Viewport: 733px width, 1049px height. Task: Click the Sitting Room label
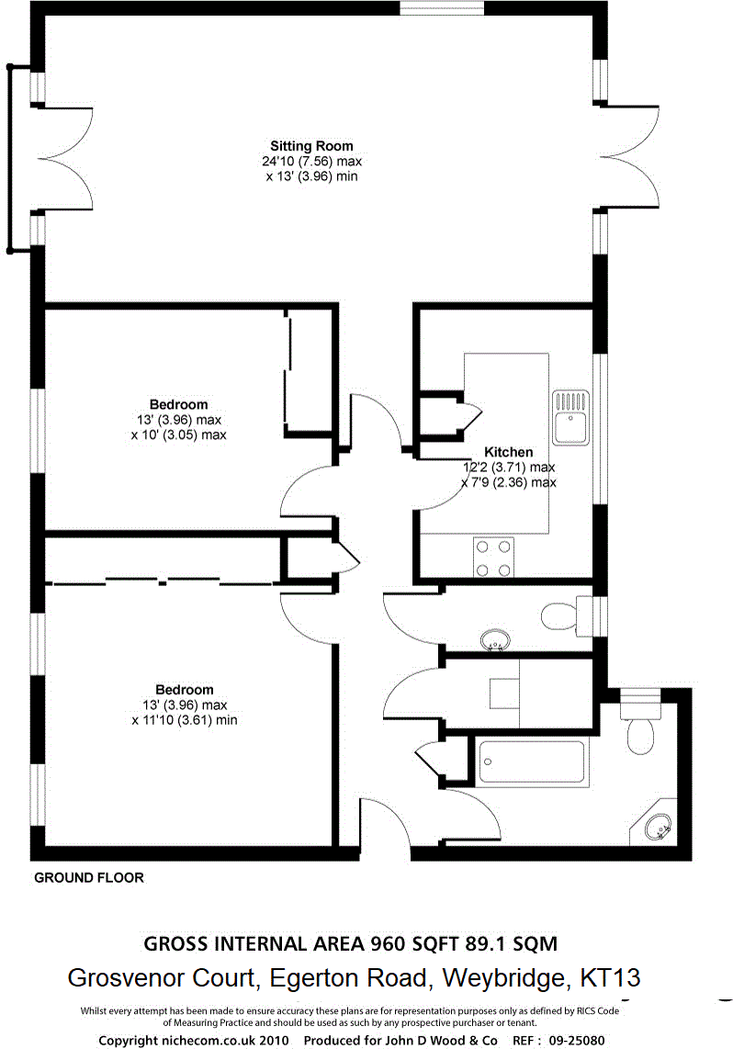(310, 146)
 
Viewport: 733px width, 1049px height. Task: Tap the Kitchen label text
(508, 452)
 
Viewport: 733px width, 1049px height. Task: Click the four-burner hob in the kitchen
(493, 558)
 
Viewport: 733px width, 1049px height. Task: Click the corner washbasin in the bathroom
(659, 828)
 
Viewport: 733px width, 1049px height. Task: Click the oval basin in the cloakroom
(497, 639)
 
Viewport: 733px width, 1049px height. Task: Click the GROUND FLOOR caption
(89, 878)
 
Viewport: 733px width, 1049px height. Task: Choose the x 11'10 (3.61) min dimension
(184, 720)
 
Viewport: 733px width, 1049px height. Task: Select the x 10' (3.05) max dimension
(178, 434)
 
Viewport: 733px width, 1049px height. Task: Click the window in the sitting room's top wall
(442, 8)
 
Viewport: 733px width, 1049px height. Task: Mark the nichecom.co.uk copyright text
(194, 1040)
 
